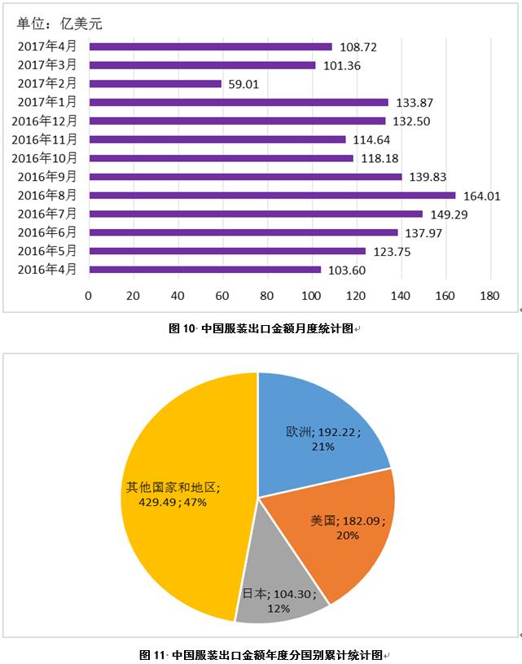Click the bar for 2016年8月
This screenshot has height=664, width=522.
(272, 196)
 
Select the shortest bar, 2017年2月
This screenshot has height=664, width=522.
(155, 83)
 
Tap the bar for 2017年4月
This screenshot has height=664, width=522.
(210, 46)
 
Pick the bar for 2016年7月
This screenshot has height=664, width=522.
(256, 213)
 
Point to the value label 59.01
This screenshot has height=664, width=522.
(247, 83)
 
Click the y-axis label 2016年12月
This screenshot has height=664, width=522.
(45, 121)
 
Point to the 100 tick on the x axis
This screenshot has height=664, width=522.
(311, 296)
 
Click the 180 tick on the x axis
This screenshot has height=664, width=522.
(489, 296)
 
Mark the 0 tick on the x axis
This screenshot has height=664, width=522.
(89, 296)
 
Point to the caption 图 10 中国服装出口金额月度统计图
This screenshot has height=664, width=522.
(261, 329)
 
